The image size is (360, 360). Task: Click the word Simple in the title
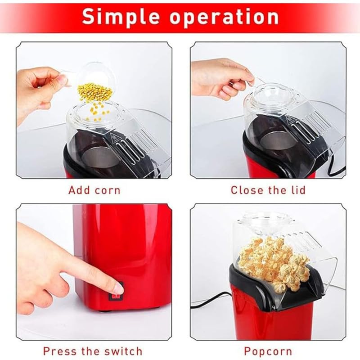pyautogui.click(x=121, y=17)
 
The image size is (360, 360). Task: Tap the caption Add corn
pyautogui.click(x=94, y=190)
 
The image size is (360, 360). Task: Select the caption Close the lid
pyautogui.click(x=268, y=190)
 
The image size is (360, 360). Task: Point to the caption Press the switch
pyautogui.click(x=93, y=351)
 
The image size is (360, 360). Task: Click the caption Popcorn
pyautogui.click(x=268, y=351)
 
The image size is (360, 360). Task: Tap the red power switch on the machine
pyautogui.click(x=117, y=298)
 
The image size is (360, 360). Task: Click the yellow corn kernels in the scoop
pyautogui.click(x=95, y=92)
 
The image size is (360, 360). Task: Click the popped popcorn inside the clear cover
pyautogui.click(x=272, y=261)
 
